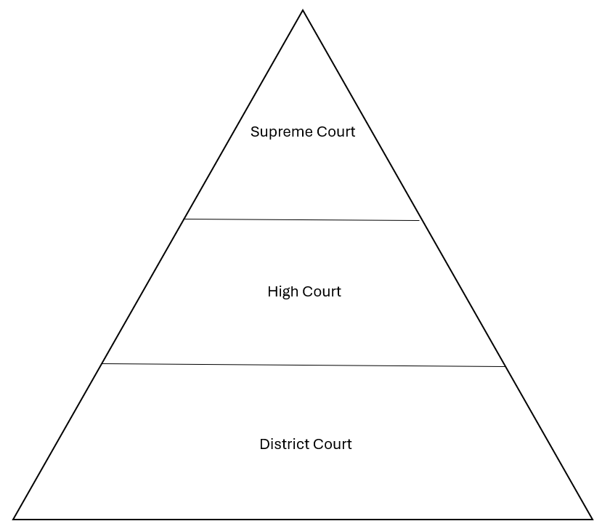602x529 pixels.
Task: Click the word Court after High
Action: (x=322, y=292)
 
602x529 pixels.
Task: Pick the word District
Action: (x=284, y=444)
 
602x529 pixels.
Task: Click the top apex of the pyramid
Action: (x=303, y=10)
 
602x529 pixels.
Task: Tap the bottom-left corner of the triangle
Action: (x=14, y=519)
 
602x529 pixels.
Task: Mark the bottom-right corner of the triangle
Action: (x=592, y=519)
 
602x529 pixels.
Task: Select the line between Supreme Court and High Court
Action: (x=302, y=219)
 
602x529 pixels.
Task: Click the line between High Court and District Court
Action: (x=304, y=366)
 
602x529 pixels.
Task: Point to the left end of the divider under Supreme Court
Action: (x=184, y=219)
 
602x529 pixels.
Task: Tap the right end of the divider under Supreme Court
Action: (x=420, y=220)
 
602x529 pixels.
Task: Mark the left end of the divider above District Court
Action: (x=102, y=364)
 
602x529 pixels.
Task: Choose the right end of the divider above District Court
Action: (x=505, y=367)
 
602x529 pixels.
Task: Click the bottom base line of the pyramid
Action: (x=303, y=519)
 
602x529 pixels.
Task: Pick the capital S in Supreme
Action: (x=255, y=132)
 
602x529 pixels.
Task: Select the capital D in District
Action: (x=264, y=444)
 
